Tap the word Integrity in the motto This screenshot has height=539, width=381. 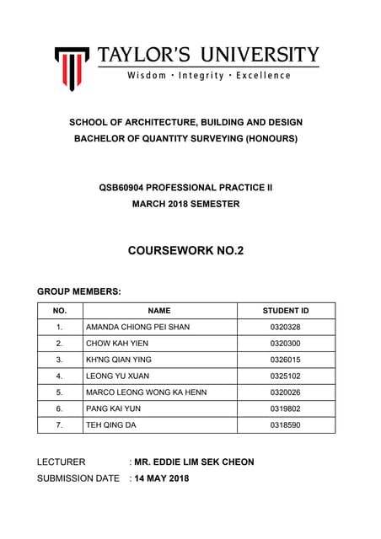pos(200,76)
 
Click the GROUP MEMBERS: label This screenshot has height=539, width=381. pos(79,291)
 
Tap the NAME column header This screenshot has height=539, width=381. pos(158,311)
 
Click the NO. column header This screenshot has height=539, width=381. pos(59,311)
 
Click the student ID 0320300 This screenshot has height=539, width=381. pos(285,344)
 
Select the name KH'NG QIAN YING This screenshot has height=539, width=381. pos(120,360)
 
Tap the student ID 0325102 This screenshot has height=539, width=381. pos(285,376)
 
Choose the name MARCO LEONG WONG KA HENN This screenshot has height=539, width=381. pos(146,392)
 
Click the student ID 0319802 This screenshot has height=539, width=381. pos(285,408)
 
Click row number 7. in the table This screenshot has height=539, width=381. pos(59,425)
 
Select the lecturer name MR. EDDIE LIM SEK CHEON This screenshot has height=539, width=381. pos(194,462)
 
